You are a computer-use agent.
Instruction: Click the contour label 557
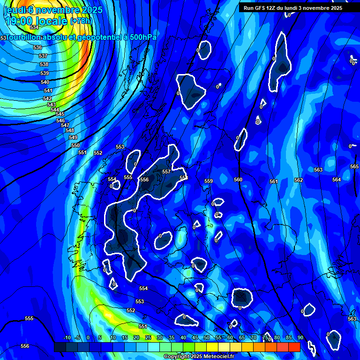(166, 172)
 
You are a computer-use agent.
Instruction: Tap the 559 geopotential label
(209, 181)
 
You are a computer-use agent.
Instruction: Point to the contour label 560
(238, 180)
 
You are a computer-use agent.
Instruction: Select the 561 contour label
(274, 181)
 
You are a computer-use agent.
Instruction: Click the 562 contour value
(299, 180)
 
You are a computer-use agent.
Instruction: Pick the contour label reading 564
(337, 180)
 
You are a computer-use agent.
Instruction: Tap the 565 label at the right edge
(354, 166)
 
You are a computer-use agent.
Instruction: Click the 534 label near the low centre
(34, 41)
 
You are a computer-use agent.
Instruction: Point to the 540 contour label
(45, 82)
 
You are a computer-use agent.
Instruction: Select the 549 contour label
(73, 137)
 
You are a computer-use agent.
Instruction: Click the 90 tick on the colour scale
(300, 338)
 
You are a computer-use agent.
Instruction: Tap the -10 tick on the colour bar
(67, 338)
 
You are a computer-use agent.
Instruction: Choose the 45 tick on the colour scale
(195, 338)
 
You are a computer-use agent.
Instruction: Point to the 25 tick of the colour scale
(148, 338)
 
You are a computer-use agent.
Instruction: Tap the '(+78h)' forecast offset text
(81, 21)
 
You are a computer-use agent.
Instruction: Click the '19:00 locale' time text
(37, 21)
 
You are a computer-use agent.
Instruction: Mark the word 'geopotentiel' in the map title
(98, 37)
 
